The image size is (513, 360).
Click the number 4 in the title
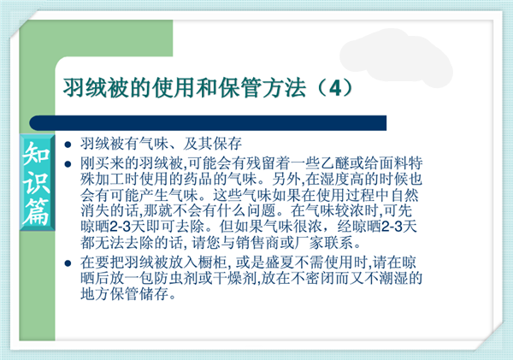(x=334, y=88)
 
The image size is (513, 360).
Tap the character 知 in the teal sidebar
(x=36, y=153)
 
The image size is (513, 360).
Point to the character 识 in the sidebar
(x=36, y=182)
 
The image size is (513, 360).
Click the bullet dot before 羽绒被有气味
(x=68, y=145)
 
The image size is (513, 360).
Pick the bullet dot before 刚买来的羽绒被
(x=68, y=164)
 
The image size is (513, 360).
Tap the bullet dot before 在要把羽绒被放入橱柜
(x=68, y=263)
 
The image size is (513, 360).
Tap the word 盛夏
(x=280, y=263)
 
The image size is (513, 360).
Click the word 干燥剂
(x=234, y=278)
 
